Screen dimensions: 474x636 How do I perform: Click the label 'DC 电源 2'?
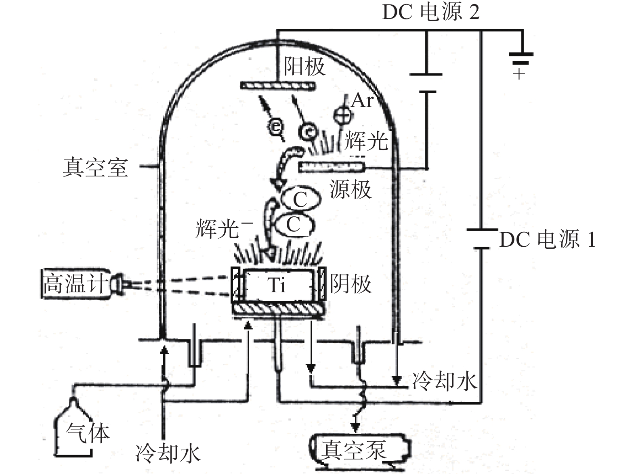[430, 12]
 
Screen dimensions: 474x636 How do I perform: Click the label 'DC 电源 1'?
[547, 240]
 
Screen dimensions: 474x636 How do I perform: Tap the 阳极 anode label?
[304, 66]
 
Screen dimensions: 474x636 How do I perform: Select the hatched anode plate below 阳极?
[278, 86]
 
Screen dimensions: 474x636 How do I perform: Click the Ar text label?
[362, 100]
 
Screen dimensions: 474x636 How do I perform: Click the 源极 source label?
[350, 189]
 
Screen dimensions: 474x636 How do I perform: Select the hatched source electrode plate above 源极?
[331, 167]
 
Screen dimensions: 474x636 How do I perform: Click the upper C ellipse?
[301, 199]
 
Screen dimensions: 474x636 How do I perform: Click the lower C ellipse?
[294, 224]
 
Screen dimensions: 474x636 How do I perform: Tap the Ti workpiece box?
[278, 285]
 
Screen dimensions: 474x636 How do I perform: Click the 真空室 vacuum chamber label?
[95, 167]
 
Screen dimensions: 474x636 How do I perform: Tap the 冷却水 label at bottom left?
[168, 453]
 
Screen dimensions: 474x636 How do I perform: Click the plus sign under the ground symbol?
[519, 74]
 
